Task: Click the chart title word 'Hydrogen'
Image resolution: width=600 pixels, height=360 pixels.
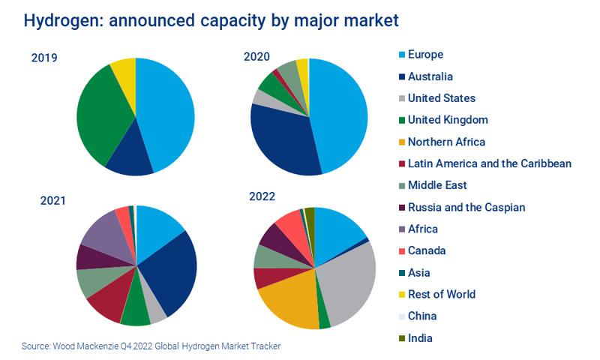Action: (63, 20)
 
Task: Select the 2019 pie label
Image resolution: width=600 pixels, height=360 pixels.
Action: (44, 58)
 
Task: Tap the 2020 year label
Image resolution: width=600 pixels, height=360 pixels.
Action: (256, 58)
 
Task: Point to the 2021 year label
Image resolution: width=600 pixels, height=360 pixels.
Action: (52, 200)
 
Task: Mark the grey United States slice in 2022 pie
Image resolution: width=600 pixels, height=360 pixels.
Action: (349, 281)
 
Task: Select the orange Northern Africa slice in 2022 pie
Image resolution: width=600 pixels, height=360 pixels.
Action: (289, 300)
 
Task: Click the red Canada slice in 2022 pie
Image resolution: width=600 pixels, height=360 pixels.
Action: (291, 225)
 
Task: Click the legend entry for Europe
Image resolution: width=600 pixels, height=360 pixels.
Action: (425, 54)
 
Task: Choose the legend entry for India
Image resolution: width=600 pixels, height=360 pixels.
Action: (420, 337)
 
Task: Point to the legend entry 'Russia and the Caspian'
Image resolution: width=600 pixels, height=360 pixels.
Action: (466, 207)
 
